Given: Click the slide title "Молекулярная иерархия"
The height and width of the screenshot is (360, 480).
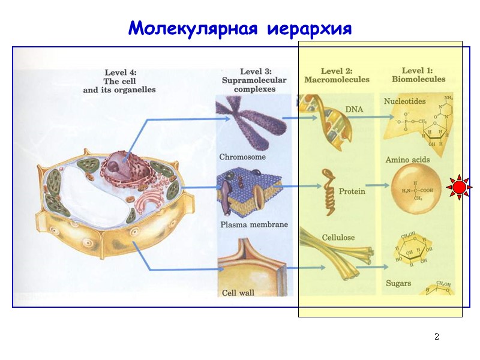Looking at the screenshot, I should (239, 28).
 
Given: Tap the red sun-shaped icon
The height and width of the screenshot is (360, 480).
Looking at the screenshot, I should (459, 188).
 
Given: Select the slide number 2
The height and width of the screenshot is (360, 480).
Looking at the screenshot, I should (437, 337).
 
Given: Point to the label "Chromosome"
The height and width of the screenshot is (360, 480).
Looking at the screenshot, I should (242, 157).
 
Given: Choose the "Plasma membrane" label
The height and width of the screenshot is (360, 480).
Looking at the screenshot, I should (254, 225).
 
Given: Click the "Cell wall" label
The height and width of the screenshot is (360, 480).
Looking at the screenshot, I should (238, 293).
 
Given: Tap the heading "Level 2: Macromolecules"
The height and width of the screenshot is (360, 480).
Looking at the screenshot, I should (337, 75).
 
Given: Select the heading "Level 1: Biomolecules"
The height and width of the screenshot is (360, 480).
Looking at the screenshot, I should (418, 74).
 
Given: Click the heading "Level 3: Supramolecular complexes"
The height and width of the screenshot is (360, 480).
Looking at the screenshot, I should (254, 80).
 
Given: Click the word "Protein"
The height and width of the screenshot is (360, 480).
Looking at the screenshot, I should (352, 192).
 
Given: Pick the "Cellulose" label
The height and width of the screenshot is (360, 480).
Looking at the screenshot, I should (338, 238).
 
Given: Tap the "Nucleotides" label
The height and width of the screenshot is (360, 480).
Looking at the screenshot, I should (405, 101).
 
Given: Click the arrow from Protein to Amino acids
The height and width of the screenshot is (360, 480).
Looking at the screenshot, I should (376, 187).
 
